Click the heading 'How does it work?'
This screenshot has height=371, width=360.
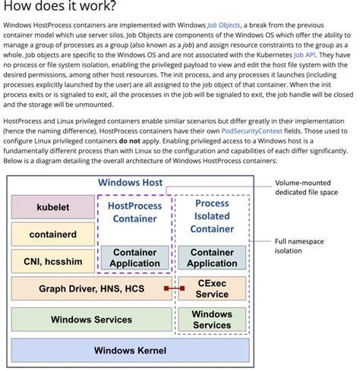coord(61,7)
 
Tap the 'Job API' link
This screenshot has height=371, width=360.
coord(304,55)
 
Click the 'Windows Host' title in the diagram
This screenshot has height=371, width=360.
coord(130,183)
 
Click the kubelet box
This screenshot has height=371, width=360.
coord(52,207)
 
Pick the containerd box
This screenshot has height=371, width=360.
coord(52,234)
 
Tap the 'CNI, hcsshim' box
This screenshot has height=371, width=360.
coord(52,262)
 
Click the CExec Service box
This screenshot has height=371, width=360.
coord(212,288)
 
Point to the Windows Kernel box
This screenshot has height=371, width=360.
coord(130,350)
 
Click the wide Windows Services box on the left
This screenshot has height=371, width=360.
coord(91,319)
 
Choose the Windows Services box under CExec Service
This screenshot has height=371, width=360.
coord(212,319)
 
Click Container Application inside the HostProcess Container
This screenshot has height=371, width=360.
coord(134,258)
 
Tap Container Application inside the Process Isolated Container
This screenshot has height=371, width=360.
coord(212,258)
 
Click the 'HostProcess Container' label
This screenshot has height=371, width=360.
coord(134,212)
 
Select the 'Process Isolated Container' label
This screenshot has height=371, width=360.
coord(212,215)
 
